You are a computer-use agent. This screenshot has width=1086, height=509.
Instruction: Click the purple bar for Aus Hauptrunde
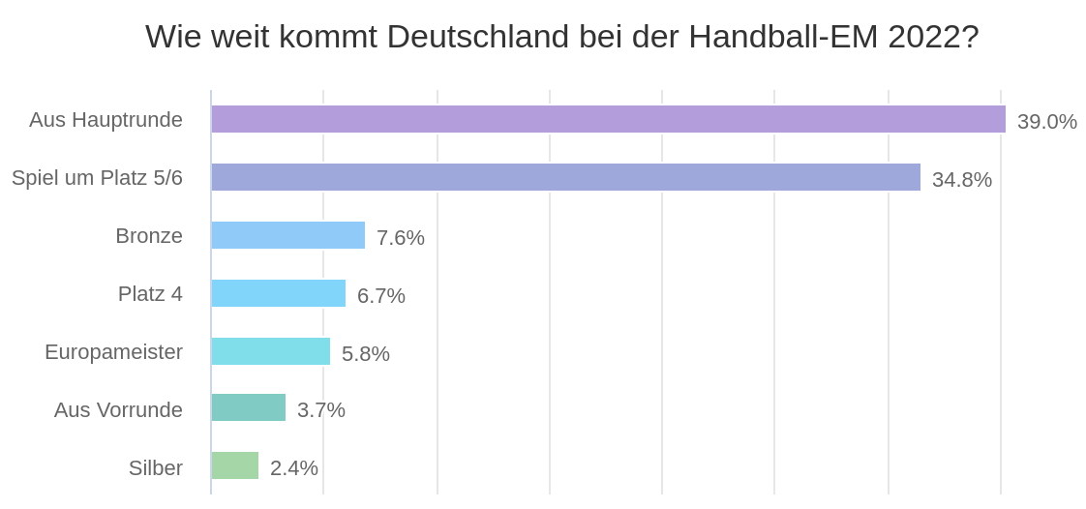click(x=608, y=119)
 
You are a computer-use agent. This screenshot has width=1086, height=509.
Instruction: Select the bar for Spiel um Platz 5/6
click(x=565, y=177)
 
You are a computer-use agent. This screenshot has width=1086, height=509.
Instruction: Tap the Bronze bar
click(x=287, y=235)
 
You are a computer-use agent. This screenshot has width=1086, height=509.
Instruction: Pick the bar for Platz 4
click(x=278, y=293)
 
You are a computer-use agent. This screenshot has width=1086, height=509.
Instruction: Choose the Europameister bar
click(x=270, y=351)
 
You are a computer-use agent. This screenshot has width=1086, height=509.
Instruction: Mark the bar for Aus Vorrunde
click(x=248, y=407)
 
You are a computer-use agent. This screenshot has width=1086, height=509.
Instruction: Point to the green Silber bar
click(x=234, y=465)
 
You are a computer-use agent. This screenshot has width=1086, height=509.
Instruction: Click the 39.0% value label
click(x=1046, y=122)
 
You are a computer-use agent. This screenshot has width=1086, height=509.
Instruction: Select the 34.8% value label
click(x=961, y=180)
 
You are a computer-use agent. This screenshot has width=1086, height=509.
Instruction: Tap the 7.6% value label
click(x=400, y=238)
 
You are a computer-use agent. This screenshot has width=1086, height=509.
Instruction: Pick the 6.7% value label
click(x=380, y=296)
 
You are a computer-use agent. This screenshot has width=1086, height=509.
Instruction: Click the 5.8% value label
click(x=365, y=354)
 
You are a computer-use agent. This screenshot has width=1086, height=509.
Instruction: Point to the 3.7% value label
click(x=320, y=410)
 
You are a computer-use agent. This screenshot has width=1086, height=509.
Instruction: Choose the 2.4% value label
click(x=293, y=468)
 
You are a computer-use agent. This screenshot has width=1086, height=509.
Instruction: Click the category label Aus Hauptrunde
click(x=106, y=120)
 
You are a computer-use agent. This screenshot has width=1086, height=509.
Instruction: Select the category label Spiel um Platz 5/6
click(x=97, y=178)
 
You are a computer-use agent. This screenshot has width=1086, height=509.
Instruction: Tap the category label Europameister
click(x=113, y=352)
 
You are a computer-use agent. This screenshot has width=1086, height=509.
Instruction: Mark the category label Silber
click(x=155, y=468)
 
